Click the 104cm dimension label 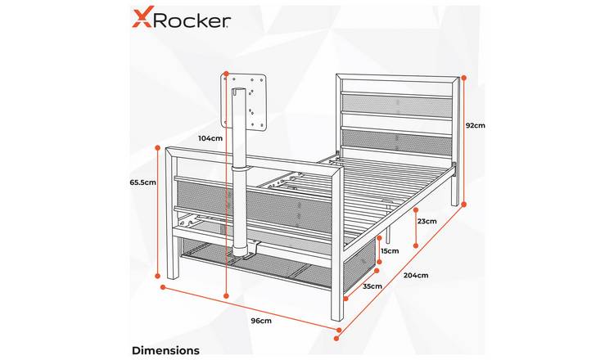(210, 138)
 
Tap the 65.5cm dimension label (143, 182)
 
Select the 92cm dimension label (476, 126)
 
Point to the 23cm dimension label (427, 221)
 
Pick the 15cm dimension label (390, 251)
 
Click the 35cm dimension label (372, 286)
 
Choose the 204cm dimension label (416, 275)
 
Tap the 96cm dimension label (261, 321)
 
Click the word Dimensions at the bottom (165, 350)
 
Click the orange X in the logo (142, 19)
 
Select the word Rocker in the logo (191, 20)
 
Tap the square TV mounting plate (244, 101)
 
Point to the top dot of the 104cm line (226, 73)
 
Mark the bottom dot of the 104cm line (226, 295)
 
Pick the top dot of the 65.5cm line (158, 147)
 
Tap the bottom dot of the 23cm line (416, 245)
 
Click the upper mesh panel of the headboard (395, 103)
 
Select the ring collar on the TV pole (241, 168)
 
